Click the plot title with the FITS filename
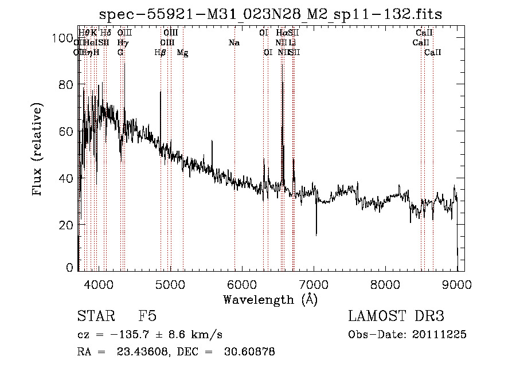tap(271, 14)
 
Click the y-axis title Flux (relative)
tap(38, 150)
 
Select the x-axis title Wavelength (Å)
tap(271, 299)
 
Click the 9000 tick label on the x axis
tap(457, 283)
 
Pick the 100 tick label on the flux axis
tap(62, 38)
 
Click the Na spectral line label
tap(234, 42)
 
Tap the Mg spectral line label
tap(182, 53)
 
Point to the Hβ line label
tap(160, 53)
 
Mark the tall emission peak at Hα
tap(282, 83)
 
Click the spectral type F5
tap(147, 316)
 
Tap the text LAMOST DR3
tap(396, 316)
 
